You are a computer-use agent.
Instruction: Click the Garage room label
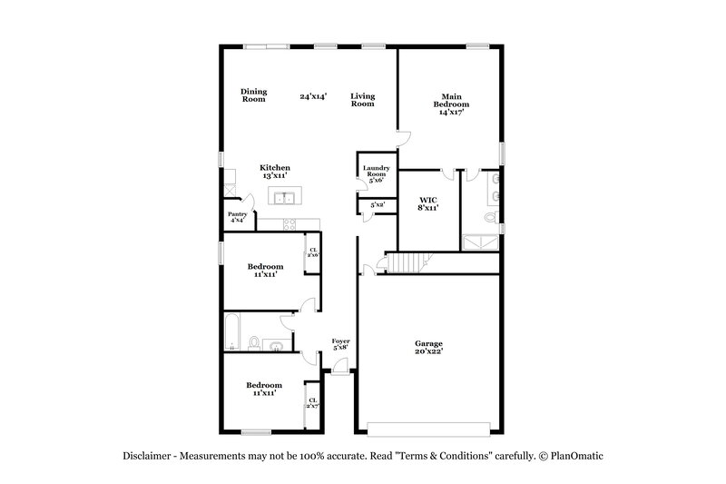[x=429, y=343]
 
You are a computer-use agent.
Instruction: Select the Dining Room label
[x=253, y=94]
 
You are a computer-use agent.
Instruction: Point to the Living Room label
[x=363, y=100]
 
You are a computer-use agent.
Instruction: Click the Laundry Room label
[x=376, y=173]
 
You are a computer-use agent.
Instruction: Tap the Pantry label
[x=237, y=216]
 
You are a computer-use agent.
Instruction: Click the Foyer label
[x=340, y=343]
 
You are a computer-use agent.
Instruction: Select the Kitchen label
[x=275, y=168]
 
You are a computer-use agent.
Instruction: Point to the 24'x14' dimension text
[x=313, y=95]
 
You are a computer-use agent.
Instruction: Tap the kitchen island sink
[x=285, y=197]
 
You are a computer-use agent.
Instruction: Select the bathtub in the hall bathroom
[x=233, y=331]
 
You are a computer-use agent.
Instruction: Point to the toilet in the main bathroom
[x=491, y=218]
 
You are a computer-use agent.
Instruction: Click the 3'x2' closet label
[x=376, y=206]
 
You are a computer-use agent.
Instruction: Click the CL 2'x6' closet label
[x=313, y=252]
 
